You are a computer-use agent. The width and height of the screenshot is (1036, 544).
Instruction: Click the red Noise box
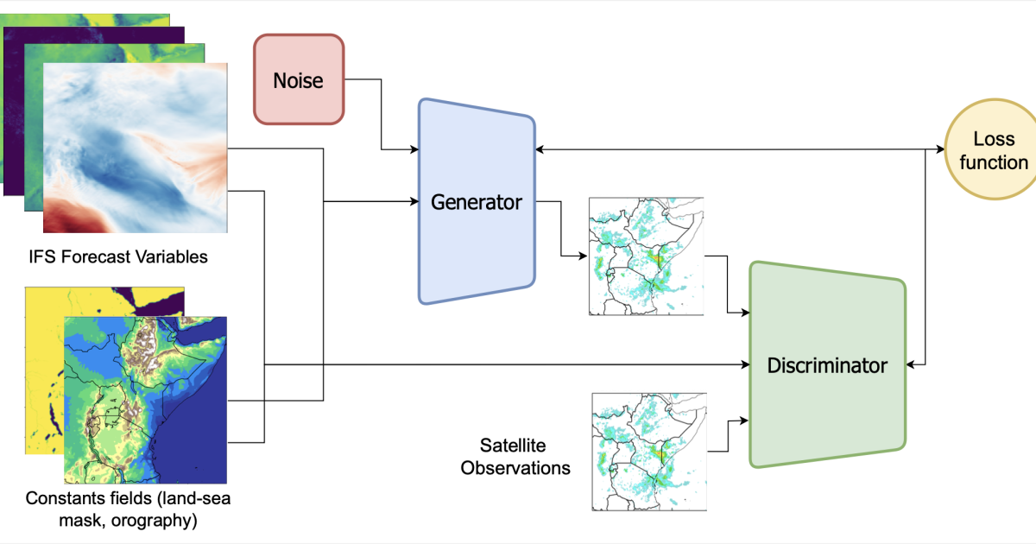pyautogui.click(x=299, y=79)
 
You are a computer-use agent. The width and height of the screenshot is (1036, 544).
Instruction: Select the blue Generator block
pyautogui.click(x=477, y=202)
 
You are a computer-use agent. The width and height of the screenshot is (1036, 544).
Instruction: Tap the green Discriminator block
pyautogui.click(x=827, y=365)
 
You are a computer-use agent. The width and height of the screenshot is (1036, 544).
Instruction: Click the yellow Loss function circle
pyautogui.click(x=992, y=149)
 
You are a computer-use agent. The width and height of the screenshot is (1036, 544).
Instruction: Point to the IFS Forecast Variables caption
pyautogui.click(x=118, y=256)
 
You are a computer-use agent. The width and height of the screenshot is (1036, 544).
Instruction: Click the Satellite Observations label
pyautogui.click(x=515, y=457)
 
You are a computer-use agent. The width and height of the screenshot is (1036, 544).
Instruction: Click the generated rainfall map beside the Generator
pyautogui.click(x=646, y=256)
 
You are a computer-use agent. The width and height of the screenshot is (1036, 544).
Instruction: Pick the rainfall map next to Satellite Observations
pyautogui.click(x=649, y=452)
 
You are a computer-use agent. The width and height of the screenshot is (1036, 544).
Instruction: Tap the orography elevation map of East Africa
pyautogui.click(x=145, y=400)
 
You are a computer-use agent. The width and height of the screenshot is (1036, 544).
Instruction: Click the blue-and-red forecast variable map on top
pyautogui.click(x=135, y=148)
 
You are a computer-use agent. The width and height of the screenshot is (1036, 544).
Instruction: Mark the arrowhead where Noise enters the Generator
pyautogui.click(x=414, y=149)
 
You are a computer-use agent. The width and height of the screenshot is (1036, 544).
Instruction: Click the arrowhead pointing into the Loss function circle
pyautogui.click(x=940, y=149)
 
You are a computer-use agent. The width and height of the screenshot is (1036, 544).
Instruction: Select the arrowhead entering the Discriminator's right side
pyautogui.click(x=911, y=364)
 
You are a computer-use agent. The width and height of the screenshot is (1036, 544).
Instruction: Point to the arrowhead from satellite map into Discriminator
pyautogui.click(x=744, y=421)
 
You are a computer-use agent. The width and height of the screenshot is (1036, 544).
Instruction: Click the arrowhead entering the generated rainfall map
pyautogui.click(x=583, y=256)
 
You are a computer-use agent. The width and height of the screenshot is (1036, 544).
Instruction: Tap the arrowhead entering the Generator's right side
pyautogui.click(x=540, y=149)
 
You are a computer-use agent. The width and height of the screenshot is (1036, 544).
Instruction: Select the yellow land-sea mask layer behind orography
pyautogui.click(x=44, y=370)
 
